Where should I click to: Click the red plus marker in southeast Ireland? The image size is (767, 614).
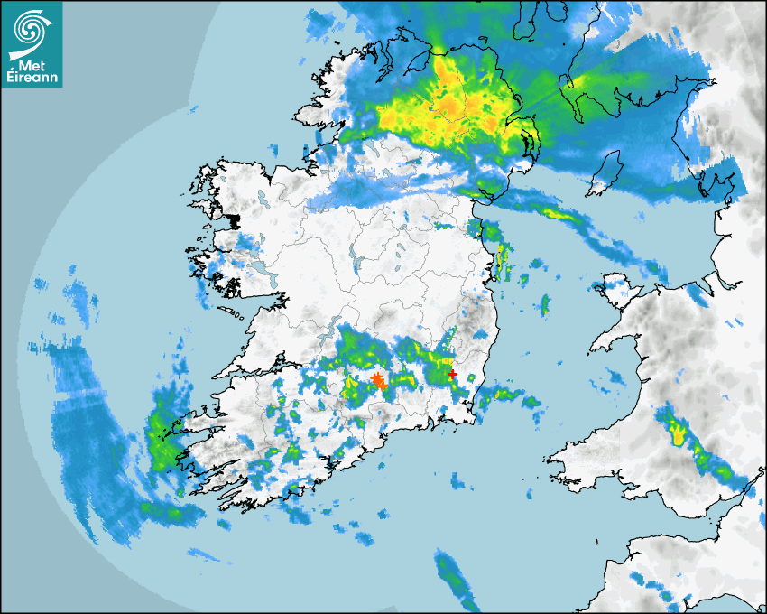click(452, 374)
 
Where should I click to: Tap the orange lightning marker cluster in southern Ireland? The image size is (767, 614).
click(378, 381)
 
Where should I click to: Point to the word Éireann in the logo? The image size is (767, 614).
click(32, 79)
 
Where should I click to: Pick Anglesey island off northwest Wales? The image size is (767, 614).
click(615, 288)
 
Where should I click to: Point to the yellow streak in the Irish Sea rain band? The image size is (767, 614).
click(559, 214)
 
